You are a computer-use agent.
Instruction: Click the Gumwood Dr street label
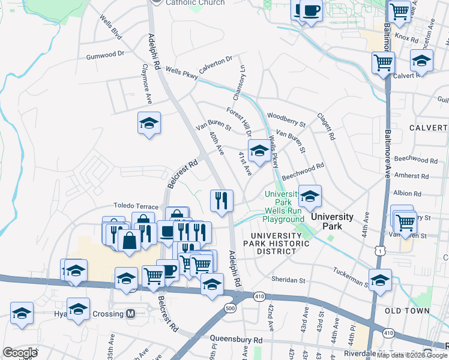104,54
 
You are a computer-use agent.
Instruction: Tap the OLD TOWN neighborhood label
407,311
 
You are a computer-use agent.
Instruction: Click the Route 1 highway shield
379,251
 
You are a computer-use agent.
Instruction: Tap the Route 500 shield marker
229,308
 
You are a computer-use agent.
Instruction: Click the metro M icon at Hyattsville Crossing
130,314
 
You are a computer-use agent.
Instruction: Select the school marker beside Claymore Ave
149,124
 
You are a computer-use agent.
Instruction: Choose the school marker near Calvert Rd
421,61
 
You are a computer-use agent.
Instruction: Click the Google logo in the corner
20,353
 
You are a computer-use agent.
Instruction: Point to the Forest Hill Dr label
238,121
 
